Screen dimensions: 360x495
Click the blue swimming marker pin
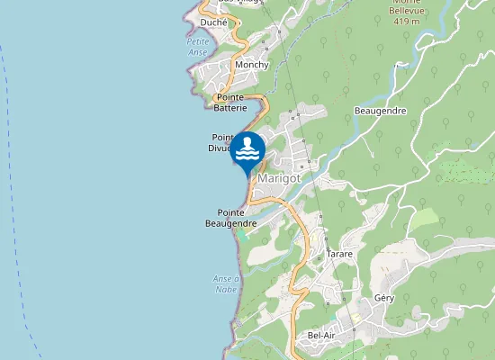[x=247, y=149]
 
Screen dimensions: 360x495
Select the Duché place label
[x=214, y=22]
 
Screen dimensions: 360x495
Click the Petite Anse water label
[x=197, y=47]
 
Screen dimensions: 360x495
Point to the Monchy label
[x=251, y=66]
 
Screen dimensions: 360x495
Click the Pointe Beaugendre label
[x=232, y=217]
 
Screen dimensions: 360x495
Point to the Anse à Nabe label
[x=226, y=284]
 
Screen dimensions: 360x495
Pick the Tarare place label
[x=339, y=255]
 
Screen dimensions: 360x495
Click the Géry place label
[x=385, y=297]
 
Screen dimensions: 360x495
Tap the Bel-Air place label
[x=322, y=336]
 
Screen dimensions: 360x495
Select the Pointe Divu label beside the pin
[x=222, y=141]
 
